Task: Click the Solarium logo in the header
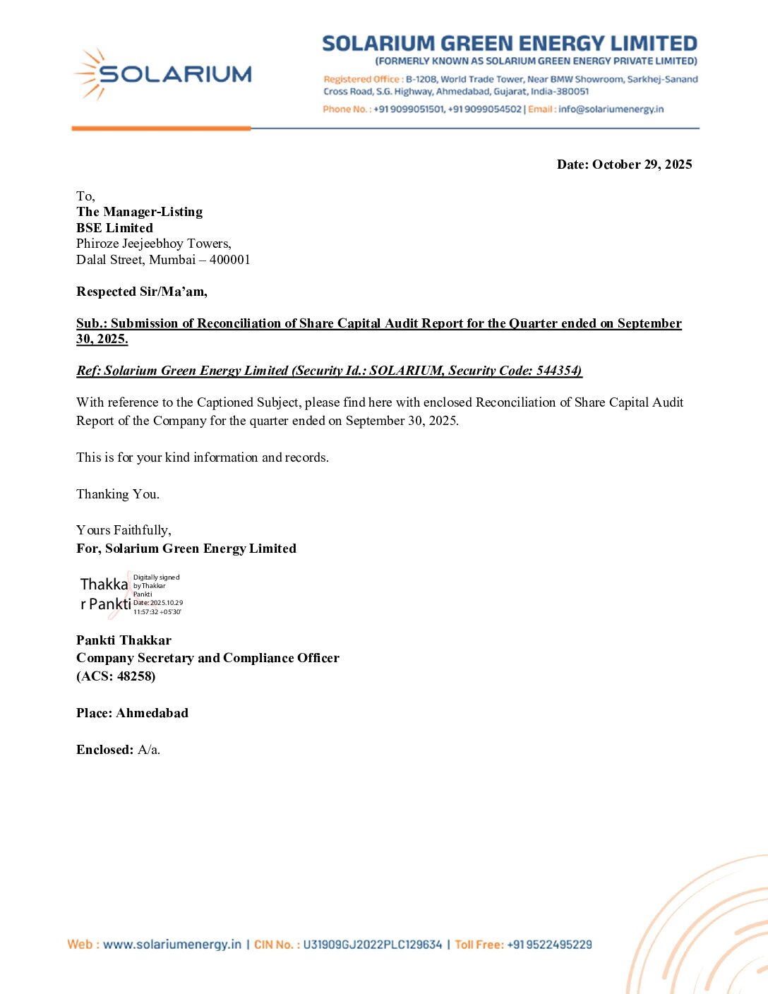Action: (162, 73)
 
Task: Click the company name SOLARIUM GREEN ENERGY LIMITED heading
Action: (509, 44)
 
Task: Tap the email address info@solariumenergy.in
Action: (611, 109)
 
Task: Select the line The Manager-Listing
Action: (139, 212)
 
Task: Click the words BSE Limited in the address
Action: (114, 228)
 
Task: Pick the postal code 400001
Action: (229, 260)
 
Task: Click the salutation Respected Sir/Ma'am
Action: (141, 292)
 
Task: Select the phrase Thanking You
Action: (117, 494)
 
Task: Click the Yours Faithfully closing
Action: (124, 530)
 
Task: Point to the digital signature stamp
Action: (131, 594)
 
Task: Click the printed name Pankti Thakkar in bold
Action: (124, 640)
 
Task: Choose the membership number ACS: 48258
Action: (116, 676)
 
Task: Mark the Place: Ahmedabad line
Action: (132, 713)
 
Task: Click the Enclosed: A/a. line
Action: (118, 750)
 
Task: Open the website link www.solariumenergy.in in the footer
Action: (172, 945)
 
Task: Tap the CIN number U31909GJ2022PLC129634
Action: (372, 945)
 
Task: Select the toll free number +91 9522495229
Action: (549, 945)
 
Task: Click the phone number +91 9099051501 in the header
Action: (409, 109)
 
